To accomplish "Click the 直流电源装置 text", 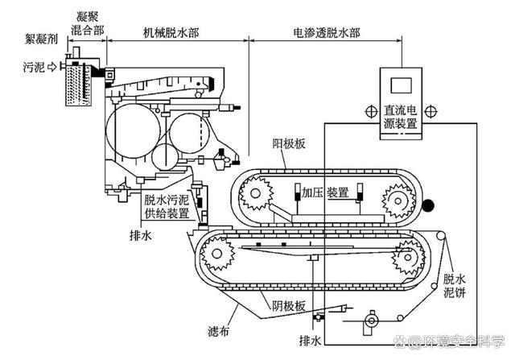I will [401, 117].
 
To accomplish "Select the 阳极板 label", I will [290, 145].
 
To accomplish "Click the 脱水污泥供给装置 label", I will [167, 207].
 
